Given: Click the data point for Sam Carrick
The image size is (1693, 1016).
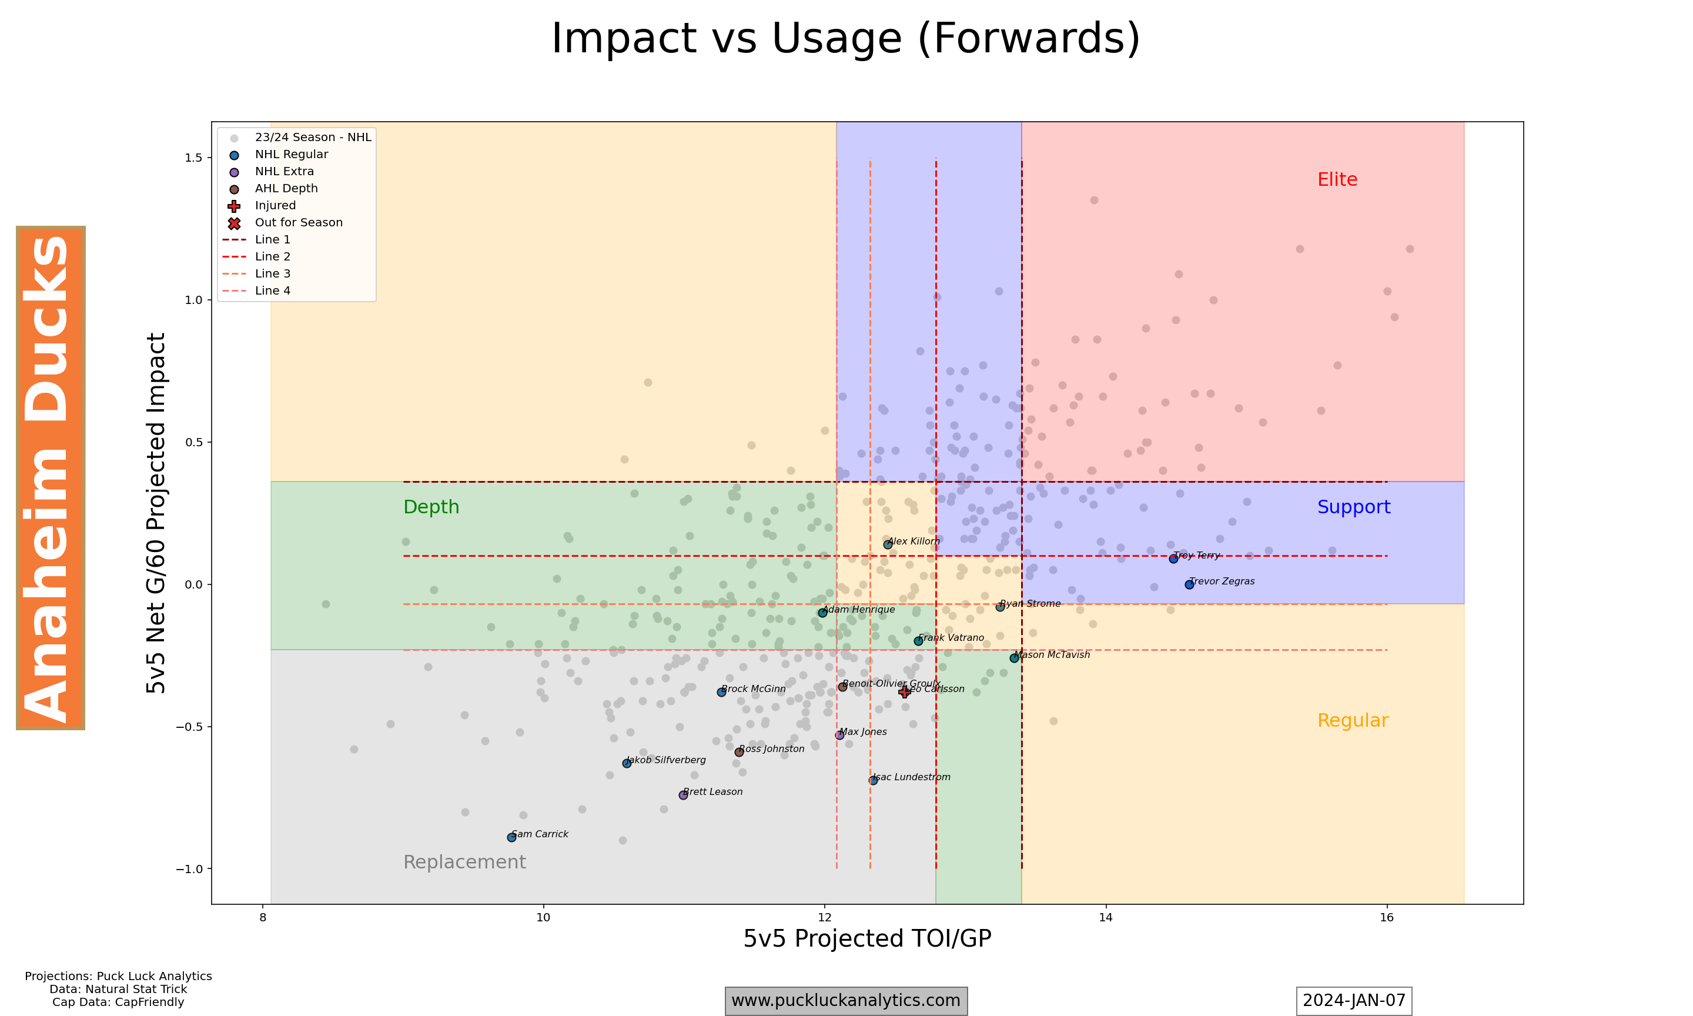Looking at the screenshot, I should click(511, 837).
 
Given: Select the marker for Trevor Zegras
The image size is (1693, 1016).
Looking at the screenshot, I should click(1189, 584).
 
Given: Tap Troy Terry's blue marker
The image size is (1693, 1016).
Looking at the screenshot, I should click(1173, 559).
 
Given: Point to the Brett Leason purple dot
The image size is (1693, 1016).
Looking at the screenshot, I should click(683, 795).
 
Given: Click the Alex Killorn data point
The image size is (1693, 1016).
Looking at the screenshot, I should click(888, 544).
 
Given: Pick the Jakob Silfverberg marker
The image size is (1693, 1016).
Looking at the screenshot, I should click(627, 763).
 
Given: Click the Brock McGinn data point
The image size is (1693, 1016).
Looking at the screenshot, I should click(721, 692).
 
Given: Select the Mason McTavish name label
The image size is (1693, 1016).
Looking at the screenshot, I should click(1052, 654).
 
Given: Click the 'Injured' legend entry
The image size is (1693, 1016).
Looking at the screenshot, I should click(275, 205).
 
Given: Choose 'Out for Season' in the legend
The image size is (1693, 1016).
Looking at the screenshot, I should click(299, 222).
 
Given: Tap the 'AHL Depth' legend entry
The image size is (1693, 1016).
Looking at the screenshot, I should click(286, 188).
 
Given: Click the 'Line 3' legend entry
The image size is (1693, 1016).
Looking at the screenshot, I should click(272, 274).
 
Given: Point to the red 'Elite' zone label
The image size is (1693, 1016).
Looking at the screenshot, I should click(1337, 179).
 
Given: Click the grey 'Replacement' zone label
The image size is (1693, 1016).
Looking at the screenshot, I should click(464, 862).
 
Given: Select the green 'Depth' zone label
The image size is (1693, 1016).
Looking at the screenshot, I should click(431, 507).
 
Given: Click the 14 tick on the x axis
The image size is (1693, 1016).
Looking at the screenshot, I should click(1106, 917).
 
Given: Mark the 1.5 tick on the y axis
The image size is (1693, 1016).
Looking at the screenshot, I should click(193, 158).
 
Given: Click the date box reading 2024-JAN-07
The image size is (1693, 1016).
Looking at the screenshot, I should click(1354, 1000).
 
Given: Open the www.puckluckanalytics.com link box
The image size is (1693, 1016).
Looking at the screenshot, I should click(846, 1000).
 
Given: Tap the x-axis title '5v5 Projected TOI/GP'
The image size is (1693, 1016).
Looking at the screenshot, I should click(867, 938).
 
